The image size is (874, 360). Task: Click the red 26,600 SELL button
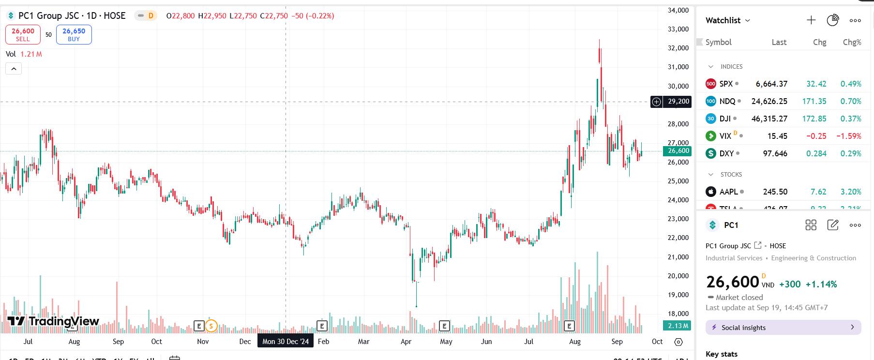pyautogui.click(x=23, y=34)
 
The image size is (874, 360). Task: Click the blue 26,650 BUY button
pyautogui.click(x=74, y=34)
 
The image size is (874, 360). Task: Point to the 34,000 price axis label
pyautogui.click(x=678, y=10)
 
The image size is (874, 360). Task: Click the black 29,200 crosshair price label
pyautogui.click(x=678, y=102)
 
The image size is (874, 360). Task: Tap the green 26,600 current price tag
pyautogui.click(x=678, y=151)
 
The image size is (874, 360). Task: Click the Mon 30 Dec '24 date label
pyautogui.click(x=286, y=341)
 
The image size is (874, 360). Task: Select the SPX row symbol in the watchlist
pyautogui.click(x=726, y=84)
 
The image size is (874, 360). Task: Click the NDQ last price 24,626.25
pyautogui.click(x=769, y=101)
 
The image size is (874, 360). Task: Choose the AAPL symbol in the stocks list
pyautogui.click(x=728, y=192)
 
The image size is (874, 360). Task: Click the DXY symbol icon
pyautogui.click(x=710, y=153)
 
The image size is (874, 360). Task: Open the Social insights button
pyautogui.click(x=783, y=328)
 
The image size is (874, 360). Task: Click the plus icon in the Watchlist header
pyautogui.click(x=811, y=20)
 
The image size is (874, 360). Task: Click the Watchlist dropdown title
pyautogui.click(x=727, y=20)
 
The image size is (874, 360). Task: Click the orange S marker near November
pyautogui.click(x=211, y=326)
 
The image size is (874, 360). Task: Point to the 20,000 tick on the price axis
pyautogui.click(x=678, y=276)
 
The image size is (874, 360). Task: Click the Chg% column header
pyautogui.click(x=852, y=42)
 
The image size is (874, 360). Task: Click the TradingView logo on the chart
pyautogui.click(x=53, y=321)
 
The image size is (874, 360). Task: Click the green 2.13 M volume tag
pyautogui.click(x=677, y=326)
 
